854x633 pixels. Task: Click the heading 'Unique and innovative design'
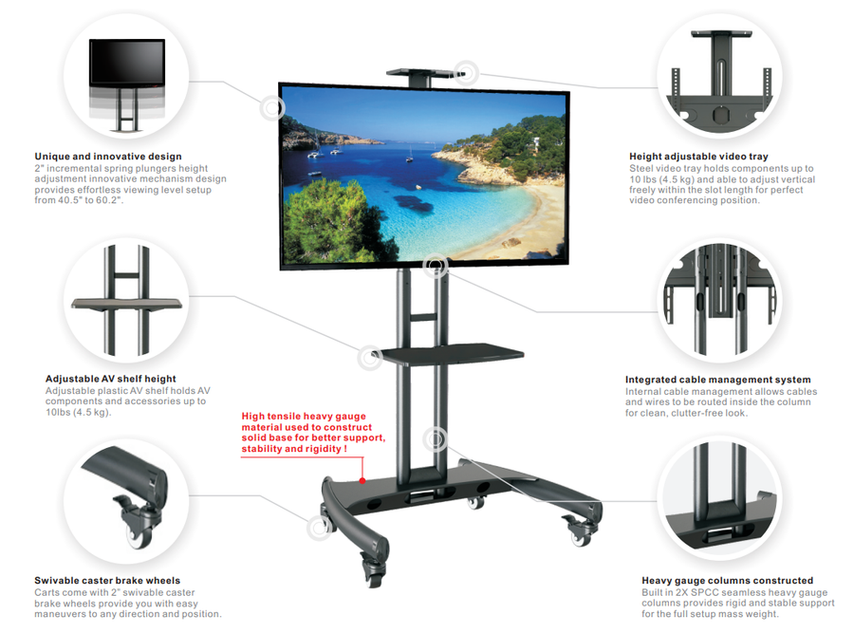click(108, 157)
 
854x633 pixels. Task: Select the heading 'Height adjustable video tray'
click(698, 157)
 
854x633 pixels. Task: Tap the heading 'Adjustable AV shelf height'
click(111, 379)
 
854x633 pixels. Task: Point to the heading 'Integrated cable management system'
click(717, 380)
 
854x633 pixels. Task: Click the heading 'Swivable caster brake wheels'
click(107, 580)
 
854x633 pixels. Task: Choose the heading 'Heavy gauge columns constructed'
click(727, 580)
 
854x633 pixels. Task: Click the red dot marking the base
click(362, 481)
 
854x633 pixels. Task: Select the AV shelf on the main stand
click(451, 354)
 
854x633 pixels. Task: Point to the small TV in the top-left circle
click(127, 64)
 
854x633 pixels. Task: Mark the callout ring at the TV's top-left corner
click(271, 108)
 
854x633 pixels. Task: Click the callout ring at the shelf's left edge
click(370, 358)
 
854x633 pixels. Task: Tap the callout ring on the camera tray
click(466, 73)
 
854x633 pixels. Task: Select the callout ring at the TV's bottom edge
click(436, 266)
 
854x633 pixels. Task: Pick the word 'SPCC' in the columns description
click(706, 592)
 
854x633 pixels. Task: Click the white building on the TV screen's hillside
click(536, 143)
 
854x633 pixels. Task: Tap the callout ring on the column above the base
click(436, 438)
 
